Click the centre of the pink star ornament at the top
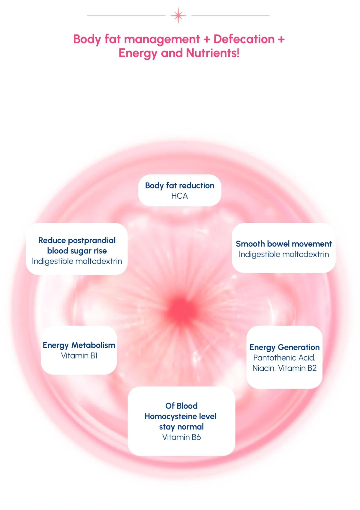coord(178,16)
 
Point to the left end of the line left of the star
coord(87,16)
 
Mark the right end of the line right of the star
coord(270,16)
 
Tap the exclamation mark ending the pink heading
coord(238,53)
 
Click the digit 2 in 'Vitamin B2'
coord(314,368)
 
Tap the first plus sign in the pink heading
coord(206,39)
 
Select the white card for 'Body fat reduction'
coord(180,190)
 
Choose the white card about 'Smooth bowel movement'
coord(283,248)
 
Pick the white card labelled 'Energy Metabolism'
coord(79,350)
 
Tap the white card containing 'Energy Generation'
coord(284,357)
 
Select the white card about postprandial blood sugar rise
coord(77,249)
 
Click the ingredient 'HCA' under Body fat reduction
coord(179,196)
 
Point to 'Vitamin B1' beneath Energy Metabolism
coord(79,355)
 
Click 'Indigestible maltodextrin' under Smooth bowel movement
coord(284,254)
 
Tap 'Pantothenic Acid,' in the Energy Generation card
coord(284,358)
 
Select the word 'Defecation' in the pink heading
coord(244,39)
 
